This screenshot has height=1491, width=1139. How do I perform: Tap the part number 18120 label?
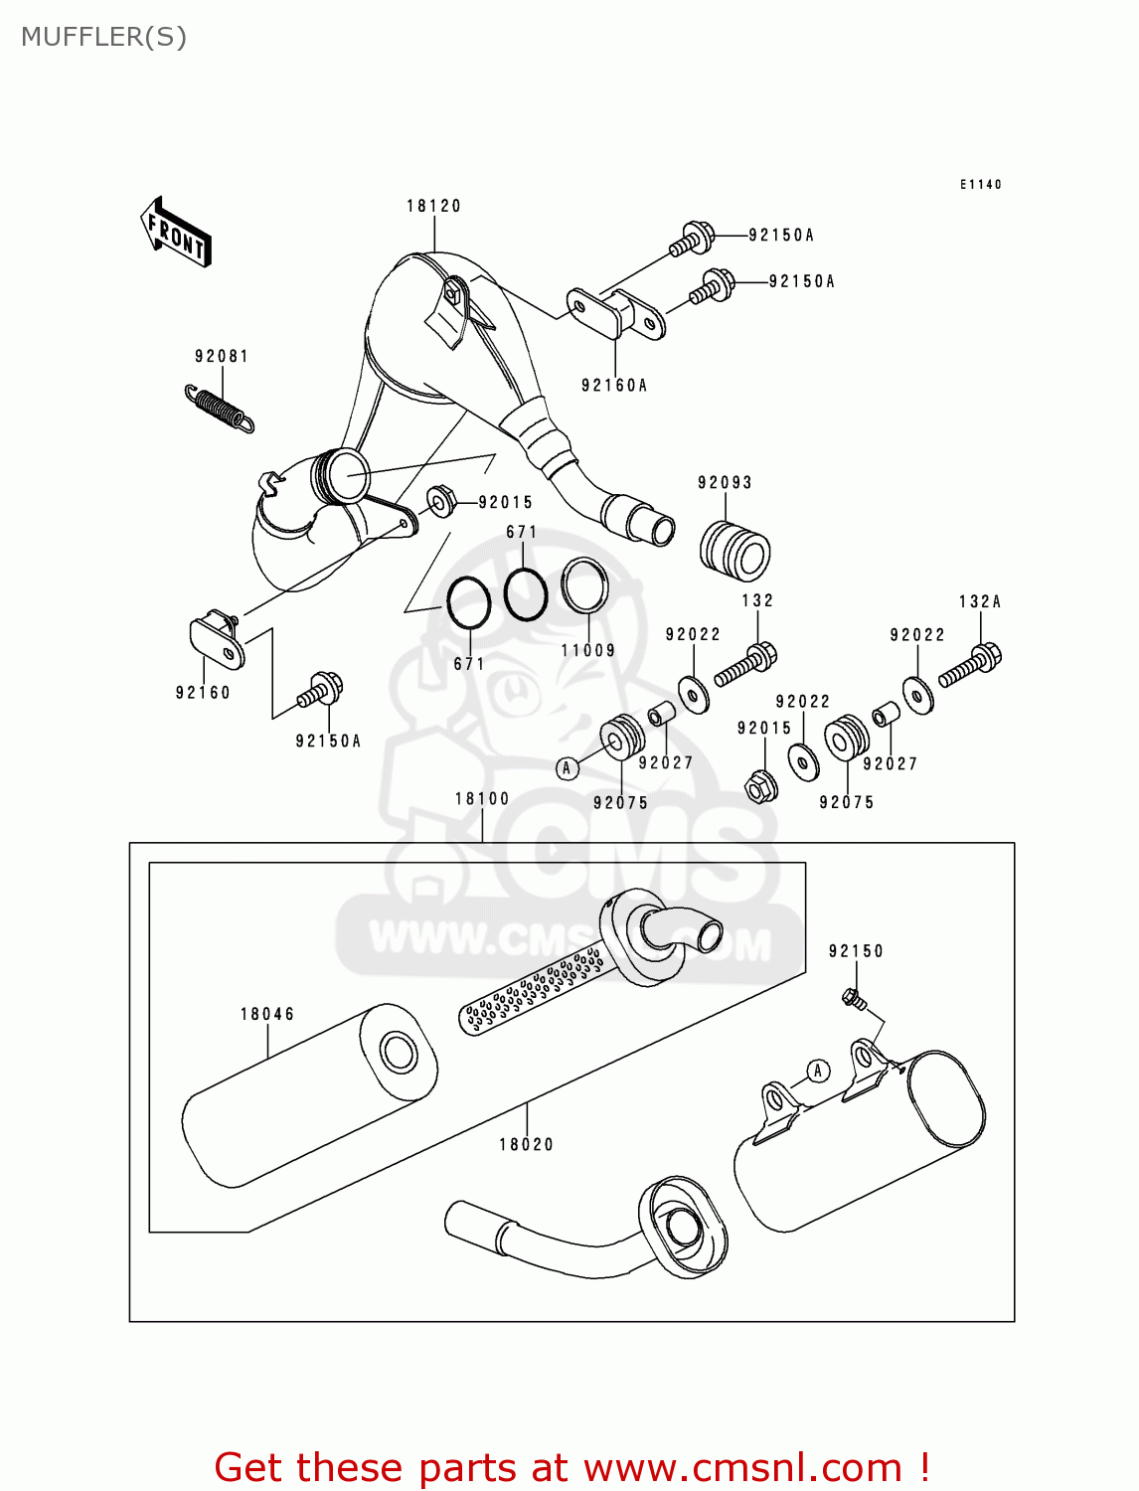[x=433, y=206]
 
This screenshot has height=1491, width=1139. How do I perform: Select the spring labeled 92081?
[x=220, y=409]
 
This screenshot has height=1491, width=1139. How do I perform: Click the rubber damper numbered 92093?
[x=735, y=550]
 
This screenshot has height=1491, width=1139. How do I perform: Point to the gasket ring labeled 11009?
[x=585, y=585]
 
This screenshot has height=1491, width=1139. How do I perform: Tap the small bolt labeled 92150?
[x=852, y=997]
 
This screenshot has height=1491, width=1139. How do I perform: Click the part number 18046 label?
[x=267, y=1014]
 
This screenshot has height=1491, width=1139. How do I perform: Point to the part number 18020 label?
[x=526, y=1144]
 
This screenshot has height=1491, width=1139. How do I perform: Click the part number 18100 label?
[x=482, y=798]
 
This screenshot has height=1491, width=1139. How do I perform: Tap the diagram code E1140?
[x=980, y=184]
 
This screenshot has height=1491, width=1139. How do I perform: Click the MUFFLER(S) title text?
[x=103, y=37]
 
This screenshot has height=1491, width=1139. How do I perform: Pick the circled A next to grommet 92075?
[x=567, y=767]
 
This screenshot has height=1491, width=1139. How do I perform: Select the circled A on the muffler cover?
[x=817, y=1071]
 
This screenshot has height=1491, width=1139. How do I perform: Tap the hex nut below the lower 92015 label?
[x=761, y=787]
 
